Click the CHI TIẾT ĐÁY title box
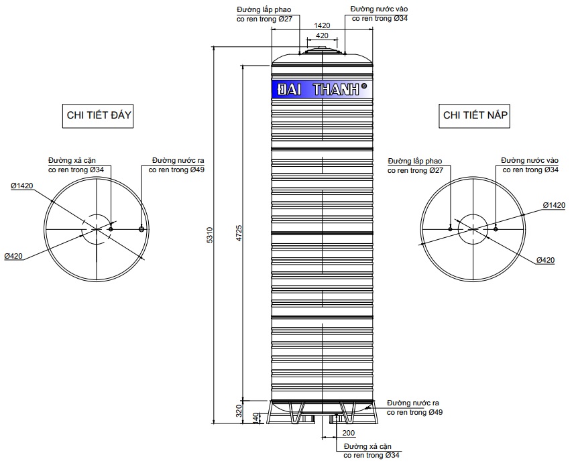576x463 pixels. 98,115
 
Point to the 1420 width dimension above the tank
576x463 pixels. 323,25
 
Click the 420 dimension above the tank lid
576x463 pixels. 322,35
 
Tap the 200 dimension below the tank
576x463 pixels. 348,433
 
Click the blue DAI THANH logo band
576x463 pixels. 321,90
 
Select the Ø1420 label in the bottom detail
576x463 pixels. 22,185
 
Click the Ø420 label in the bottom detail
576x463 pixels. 15,256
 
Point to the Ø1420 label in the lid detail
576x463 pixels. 554,205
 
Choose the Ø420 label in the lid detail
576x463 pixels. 545,260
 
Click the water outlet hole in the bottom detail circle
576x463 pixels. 141,229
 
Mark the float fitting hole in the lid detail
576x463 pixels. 450,228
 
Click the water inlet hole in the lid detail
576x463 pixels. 495,228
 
